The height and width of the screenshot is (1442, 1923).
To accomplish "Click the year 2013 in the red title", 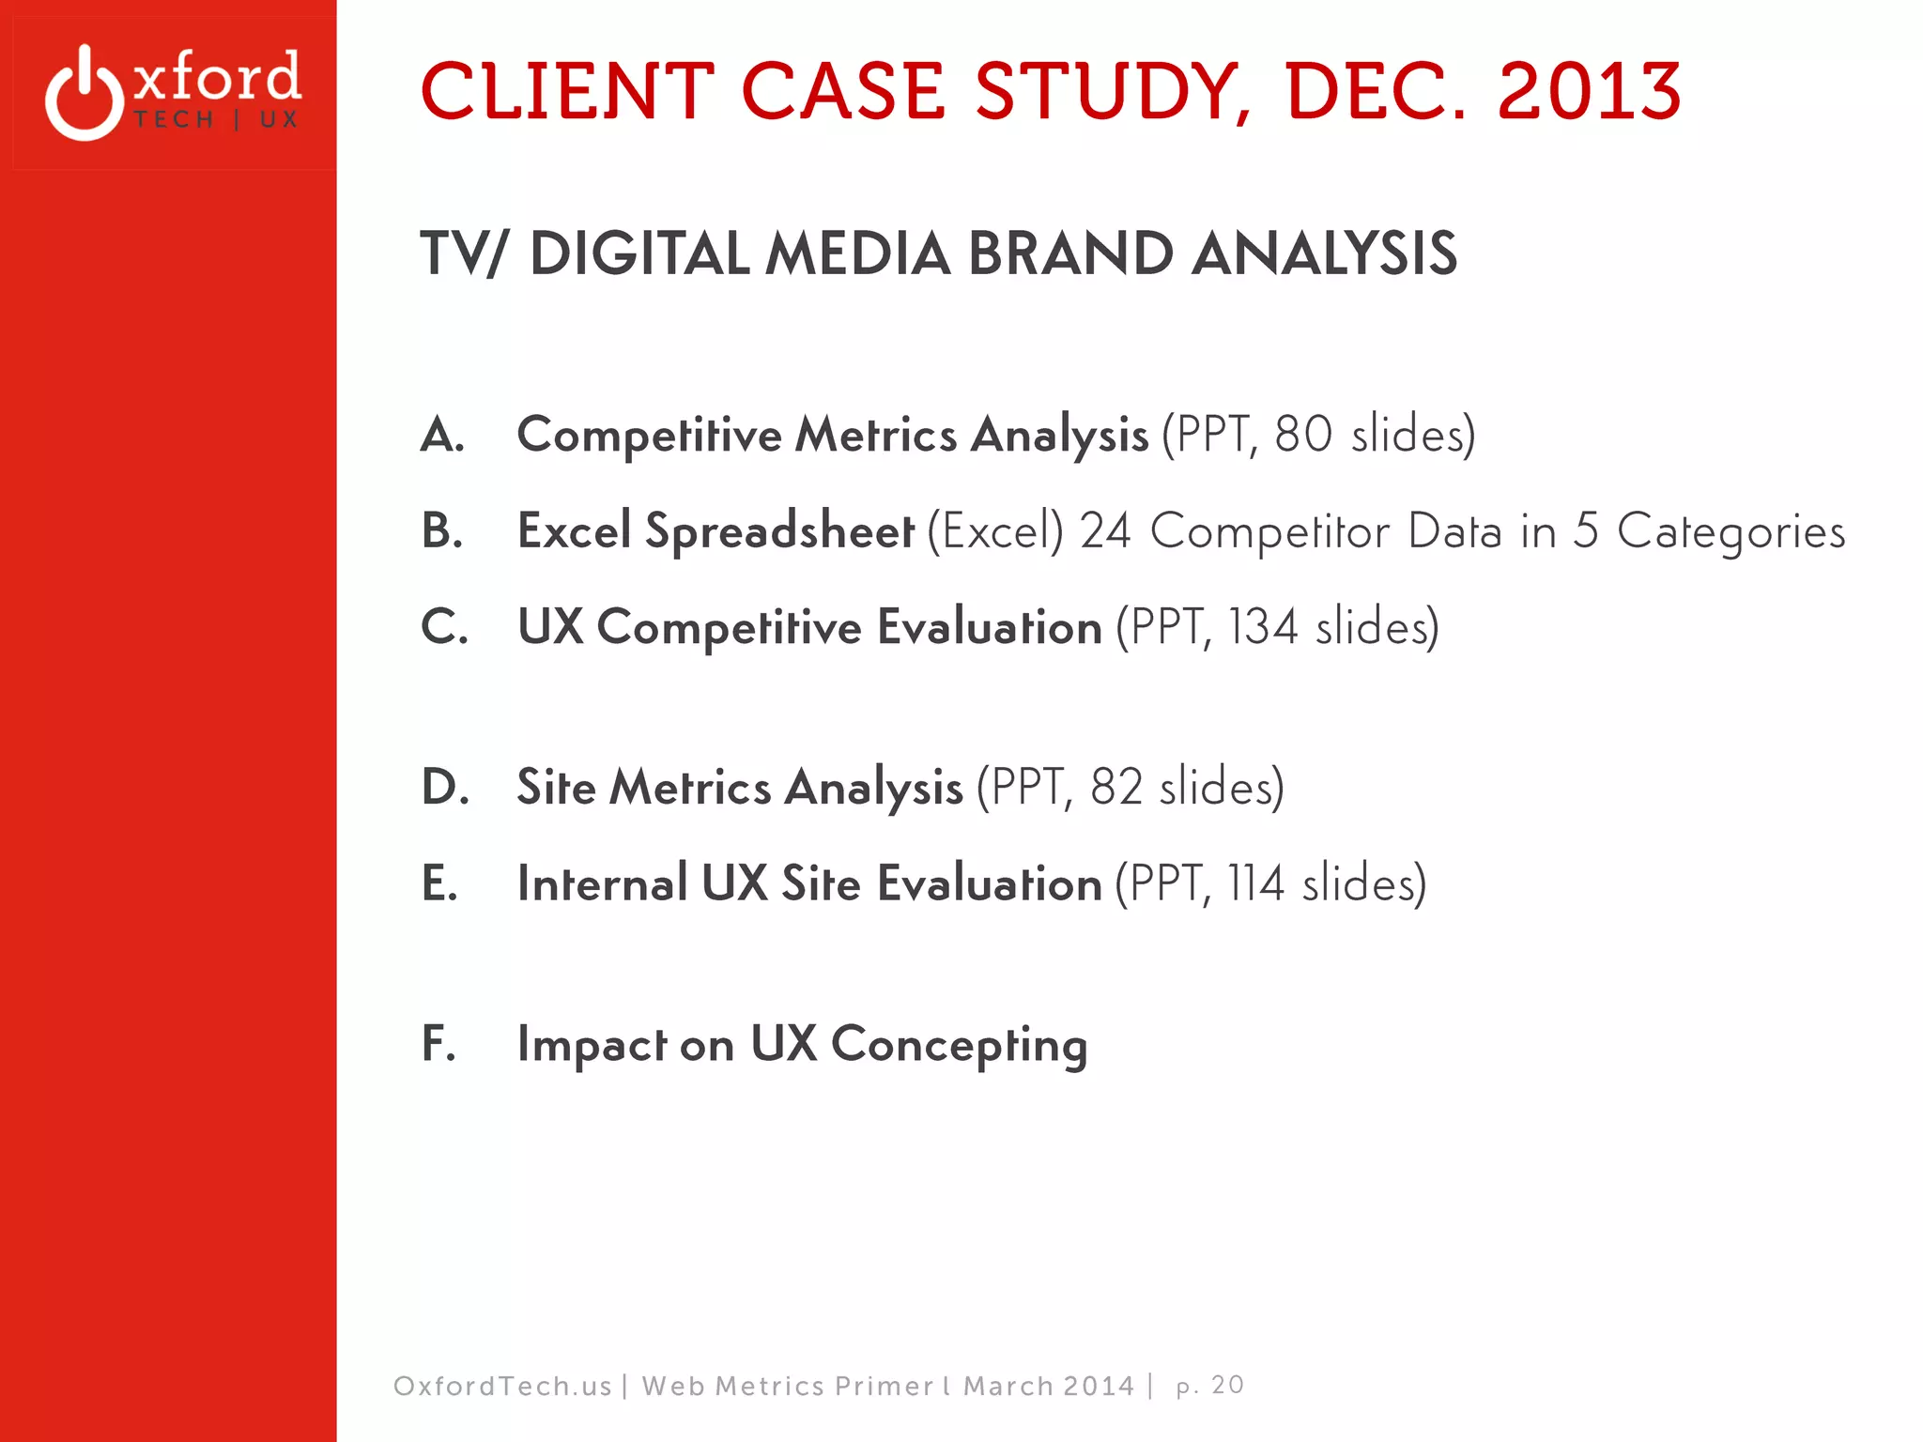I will pyautogui.click(x=1588, y=92).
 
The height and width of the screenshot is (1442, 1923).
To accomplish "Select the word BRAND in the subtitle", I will pyautogui.click(x=1070, y=253).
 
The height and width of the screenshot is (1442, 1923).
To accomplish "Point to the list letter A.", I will pyautogui.click(x=442, y=435).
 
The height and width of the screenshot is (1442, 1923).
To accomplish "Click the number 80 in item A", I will pyautogui.click(x=1302, y=435).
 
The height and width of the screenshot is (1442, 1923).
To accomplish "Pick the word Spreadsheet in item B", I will pyautogui.click(x=779, y=532).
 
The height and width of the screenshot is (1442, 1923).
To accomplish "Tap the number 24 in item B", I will pyautogui.click(x=1105, y=530).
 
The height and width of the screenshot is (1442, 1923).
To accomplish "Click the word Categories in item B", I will pyautogui.click(x=1731, y=532).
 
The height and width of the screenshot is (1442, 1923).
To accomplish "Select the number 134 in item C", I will pyautogui.click(x=1263, y=626).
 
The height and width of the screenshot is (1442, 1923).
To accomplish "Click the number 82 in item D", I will pyautogui.click(x=1115, y=787).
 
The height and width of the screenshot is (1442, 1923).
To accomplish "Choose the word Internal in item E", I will pyautogui.click(x=602, y=883).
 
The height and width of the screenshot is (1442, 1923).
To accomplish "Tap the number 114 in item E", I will pyautogui.click(x=1255, y=883).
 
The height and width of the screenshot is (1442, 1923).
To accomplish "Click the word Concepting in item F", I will pyautogui.click(x=959, y=1045).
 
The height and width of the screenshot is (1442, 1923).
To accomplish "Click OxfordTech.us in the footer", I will pyautogui.click(x=502, y=1387).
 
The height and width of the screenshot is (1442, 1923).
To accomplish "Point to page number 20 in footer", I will pyautogui.click(x=1226, y=1386).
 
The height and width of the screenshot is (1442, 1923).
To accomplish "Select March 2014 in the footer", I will pyautogui.click(x=1049, y=1387).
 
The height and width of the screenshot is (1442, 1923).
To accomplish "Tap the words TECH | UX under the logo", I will pyautogui.click(x=216, y=120).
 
